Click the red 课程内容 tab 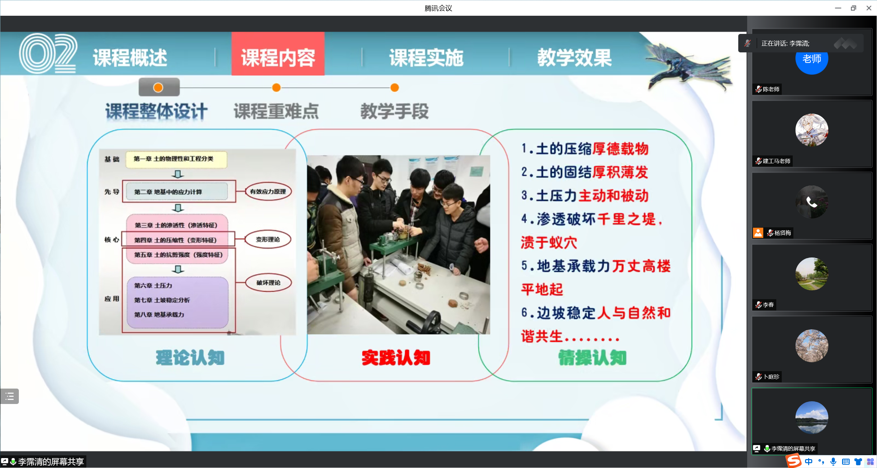[278, 54]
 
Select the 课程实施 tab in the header [426, 58]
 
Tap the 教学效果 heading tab [574, 58]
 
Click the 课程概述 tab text [130, 58]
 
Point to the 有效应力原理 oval [268, 191]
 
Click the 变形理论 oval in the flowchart [268, 239]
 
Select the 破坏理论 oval [268, 282]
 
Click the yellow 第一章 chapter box [176, 159]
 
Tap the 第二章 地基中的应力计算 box [177, 192]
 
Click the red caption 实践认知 [396, 358]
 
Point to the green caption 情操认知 [592, 358]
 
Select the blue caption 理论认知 [190, 358]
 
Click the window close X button [869, 8]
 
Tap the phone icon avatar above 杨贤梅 [812, 202]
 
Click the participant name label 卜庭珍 [771, 377]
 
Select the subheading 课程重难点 [276, 111]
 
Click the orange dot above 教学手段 [395, 88]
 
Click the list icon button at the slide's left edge [10, 396]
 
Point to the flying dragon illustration [689, 67]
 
